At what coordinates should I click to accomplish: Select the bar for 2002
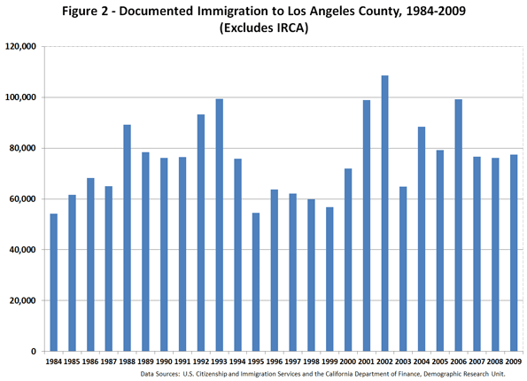[x=384, y=214]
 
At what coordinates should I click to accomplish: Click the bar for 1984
[x=54, y=283]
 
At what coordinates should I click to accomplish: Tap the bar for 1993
[x=219, y=225]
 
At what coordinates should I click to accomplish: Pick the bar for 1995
[x=256, y=282]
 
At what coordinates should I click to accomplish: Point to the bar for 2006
[x=459, y=225]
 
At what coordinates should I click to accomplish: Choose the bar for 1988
[x=127, y=238]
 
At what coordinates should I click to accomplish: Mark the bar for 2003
[x=403, y=269]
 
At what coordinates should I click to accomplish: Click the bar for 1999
[x=329, y=279]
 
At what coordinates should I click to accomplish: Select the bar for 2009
[x=514, y=253]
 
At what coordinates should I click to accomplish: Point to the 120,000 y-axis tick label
[x=20, y=46]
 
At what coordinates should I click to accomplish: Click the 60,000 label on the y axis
[x=22, y=199]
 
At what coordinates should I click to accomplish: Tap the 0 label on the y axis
[x=34, y=352]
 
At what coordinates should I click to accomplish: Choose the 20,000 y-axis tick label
[x=22, y=300]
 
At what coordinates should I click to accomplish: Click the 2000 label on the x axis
[x=348, y=362]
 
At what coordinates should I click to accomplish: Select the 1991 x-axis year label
[x=182, y=362]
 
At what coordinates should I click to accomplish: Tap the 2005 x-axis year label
[x=440, y=362]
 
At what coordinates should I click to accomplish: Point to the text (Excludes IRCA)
[x=264, y=27]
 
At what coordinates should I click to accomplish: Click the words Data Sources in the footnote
[x=159, y=374]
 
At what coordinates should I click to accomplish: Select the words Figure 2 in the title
[x=85, y=12]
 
